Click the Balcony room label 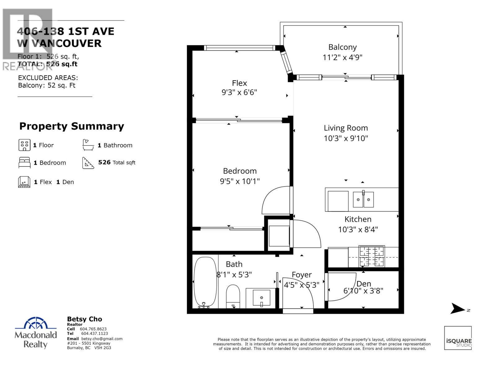[342, 47]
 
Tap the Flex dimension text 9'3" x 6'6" [239, 92]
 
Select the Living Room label [346, 128]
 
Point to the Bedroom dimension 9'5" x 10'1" [240, 181]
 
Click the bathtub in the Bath [205, 282]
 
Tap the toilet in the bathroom [233, 296]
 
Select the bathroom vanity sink [261, 298]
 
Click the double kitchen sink [363, 199]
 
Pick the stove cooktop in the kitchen [371, 256]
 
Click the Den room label [364, 284]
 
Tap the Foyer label [302, 275]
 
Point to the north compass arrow [458, 308]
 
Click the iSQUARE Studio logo [458, 338]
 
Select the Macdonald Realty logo [36, 333]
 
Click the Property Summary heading [72, 126]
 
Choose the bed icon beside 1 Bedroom [24, 162]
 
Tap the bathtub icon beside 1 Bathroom [88, 145]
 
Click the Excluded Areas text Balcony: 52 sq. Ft [46, 86]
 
